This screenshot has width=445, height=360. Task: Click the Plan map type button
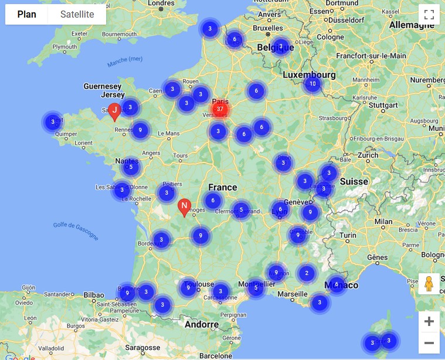tap(26, 15)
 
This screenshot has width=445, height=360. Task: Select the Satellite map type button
tap(77, 15)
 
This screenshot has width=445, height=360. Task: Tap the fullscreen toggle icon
tap(429, 15)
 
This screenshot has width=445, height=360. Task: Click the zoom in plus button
tap(429, 321)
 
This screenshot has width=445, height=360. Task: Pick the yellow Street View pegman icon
tap(429, 284)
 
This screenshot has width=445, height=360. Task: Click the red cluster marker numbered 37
tap(220, 108)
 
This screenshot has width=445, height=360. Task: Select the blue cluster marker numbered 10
tap(312, 84)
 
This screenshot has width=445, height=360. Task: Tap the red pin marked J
tap(115, 110)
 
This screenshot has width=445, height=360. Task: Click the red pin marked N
tap(184, 207)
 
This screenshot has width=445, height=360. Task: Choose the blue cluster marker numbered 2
tap(306, 273)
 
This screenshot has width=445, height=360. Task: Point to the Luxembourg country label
tap(309, 75)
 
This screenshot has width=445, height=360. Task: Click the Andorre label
tap(202, 324)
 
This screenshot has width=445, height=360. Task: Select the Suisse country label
tap(354, 181)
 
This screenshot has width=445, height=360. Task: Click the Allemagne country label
tap(412, 25)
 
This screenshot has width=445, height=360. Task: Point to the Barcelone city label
tap(215, 355)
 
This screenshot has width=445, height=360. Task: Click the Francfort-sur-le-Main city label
tap(371, 56)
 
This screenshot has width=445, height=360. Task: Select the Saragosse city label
tap(142, 347)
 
